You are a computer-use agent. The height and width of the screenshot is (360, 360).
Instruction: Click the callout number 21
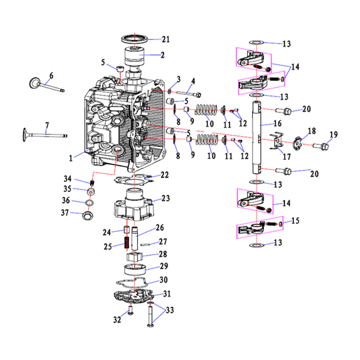(x=166, y=39)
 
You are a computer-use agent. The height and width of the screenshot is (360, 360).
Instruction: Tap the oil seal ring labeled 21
(x=135, y=39)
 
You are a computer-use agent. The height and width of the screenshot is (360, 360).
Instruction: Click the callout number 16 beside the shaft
(x=277, y=123)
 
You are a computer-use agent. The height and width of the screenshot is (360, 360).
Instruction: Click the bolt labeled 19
(x=321, y=146)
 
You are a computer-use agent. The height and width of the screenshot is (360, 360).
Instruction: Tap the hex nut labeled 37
(x=87, y=215)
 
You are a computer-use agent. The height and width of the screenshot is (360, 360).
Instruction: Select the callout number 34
(x=67, y=179)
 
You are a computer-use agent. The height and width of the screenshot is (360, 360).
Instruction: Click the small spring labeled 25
(x=126, y=243)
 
